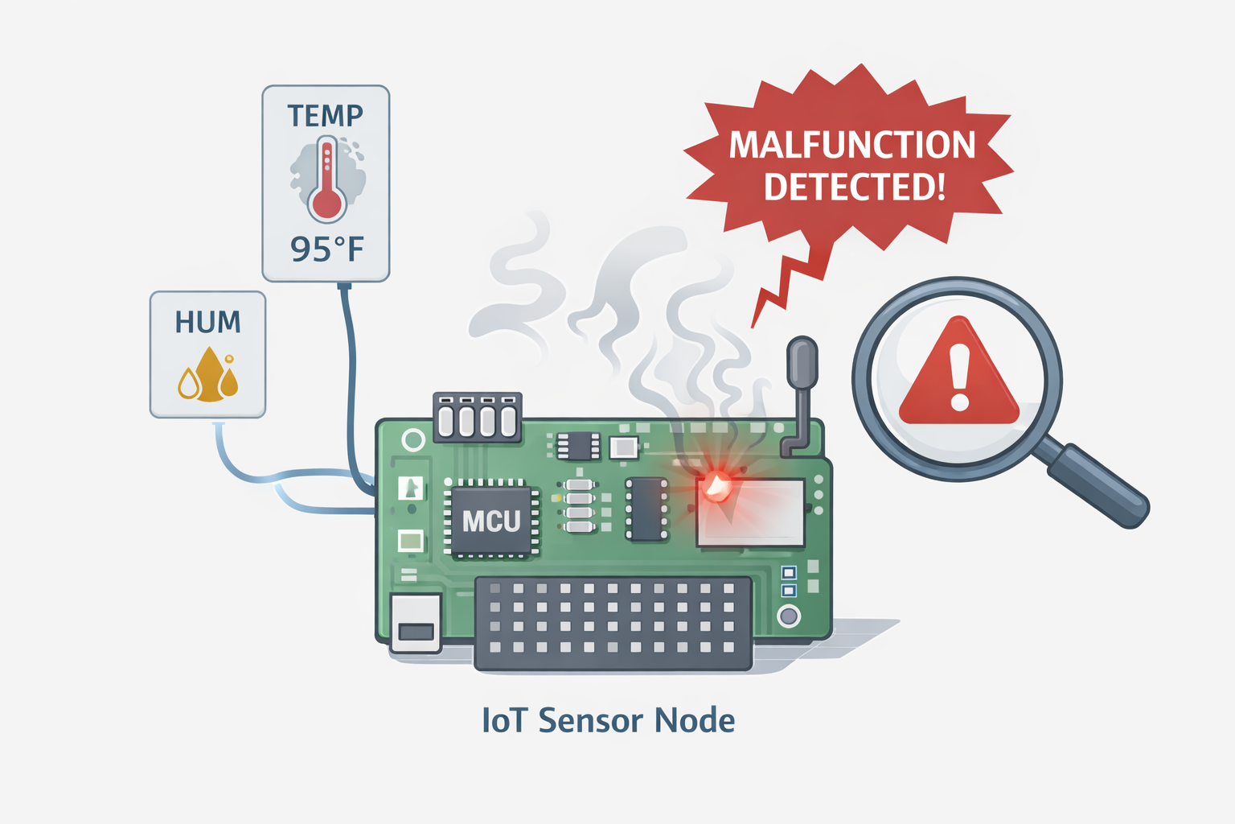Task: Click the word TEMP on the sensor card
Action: click(326, 116)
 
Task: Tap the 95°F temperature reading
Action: click(327, 249)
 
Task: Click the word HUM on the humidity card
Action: click(207, 323)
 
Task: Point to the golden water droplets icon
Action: click(208, 376)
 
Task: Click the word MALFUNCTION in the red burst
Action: click(851, 146)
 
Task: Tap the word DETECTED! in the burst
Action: click(854, 187)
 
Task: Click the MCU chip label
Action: click(491, 521)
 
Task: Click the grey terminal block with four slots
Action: click(478, 418)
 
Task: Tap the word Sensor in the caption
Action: click(592, 720)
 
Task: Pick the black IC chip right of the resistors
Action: click(647, 509)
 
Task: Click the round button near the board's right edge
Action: click(789, 616)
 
